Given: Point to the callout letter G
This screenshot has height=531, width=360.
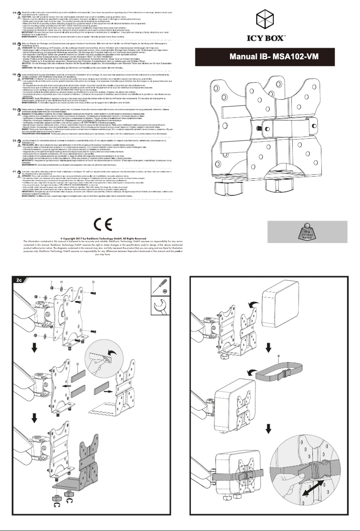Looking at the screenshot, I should pos(92,282).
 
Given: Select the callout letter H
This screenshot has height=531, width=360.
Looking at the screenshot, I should pos(61,282).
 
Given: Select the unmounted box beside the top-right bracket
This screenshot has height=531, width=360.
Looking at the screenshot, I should pos(281,306).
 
